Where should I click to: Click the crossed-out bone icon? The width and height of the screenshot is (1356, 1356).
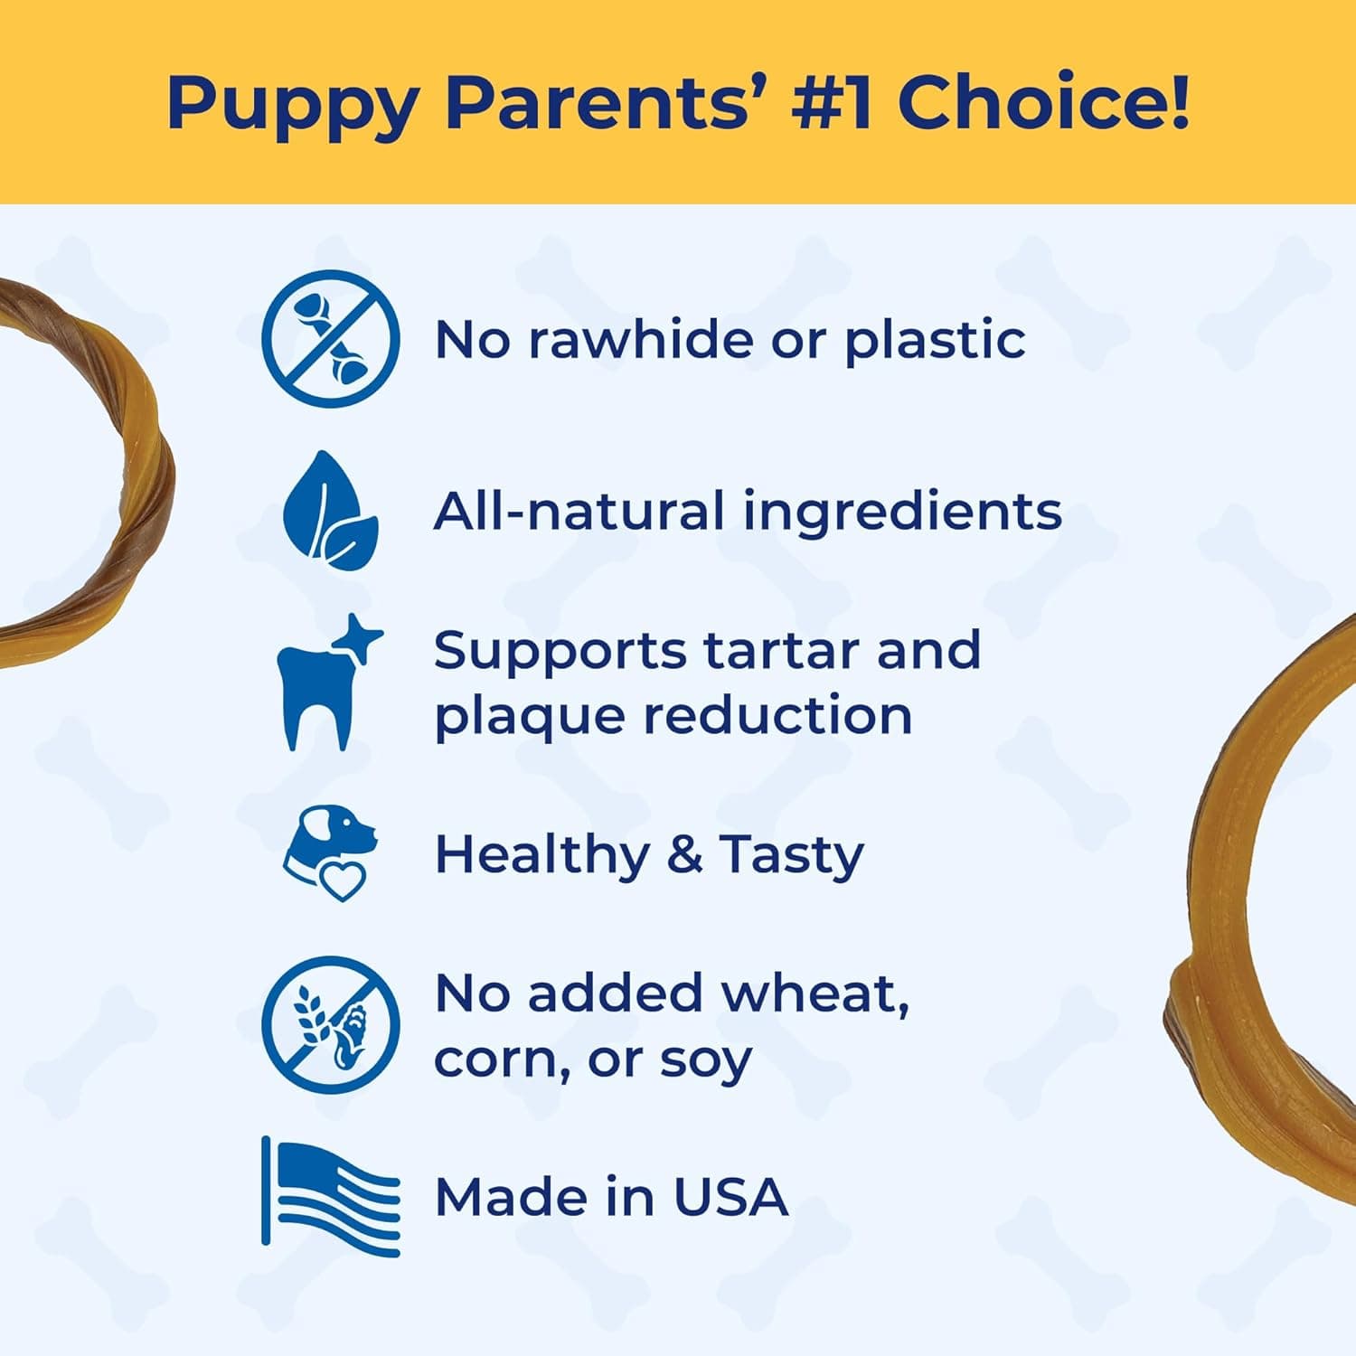[x=331, y=338]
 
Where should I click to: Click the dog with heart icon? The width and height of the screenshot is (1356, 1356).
[x=329, y=853]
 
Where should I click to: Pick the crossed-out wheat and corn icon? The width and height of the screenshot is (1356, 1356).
[x=331, y=1025]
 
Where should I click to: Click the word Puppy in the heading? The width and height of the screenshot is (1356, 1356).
[x=293, y=105]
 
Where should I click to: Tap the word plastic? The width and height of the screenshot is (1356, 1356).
[x=935, y=342]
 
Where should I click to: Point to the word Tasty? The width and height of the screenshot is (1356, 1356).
[x=791, y=855]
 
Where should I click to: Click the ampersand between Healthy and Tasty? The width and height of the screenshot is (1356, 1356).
[x=684, y=854]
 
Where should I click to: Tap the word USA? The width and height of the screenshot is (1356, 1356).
[x=730, y=1197]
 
